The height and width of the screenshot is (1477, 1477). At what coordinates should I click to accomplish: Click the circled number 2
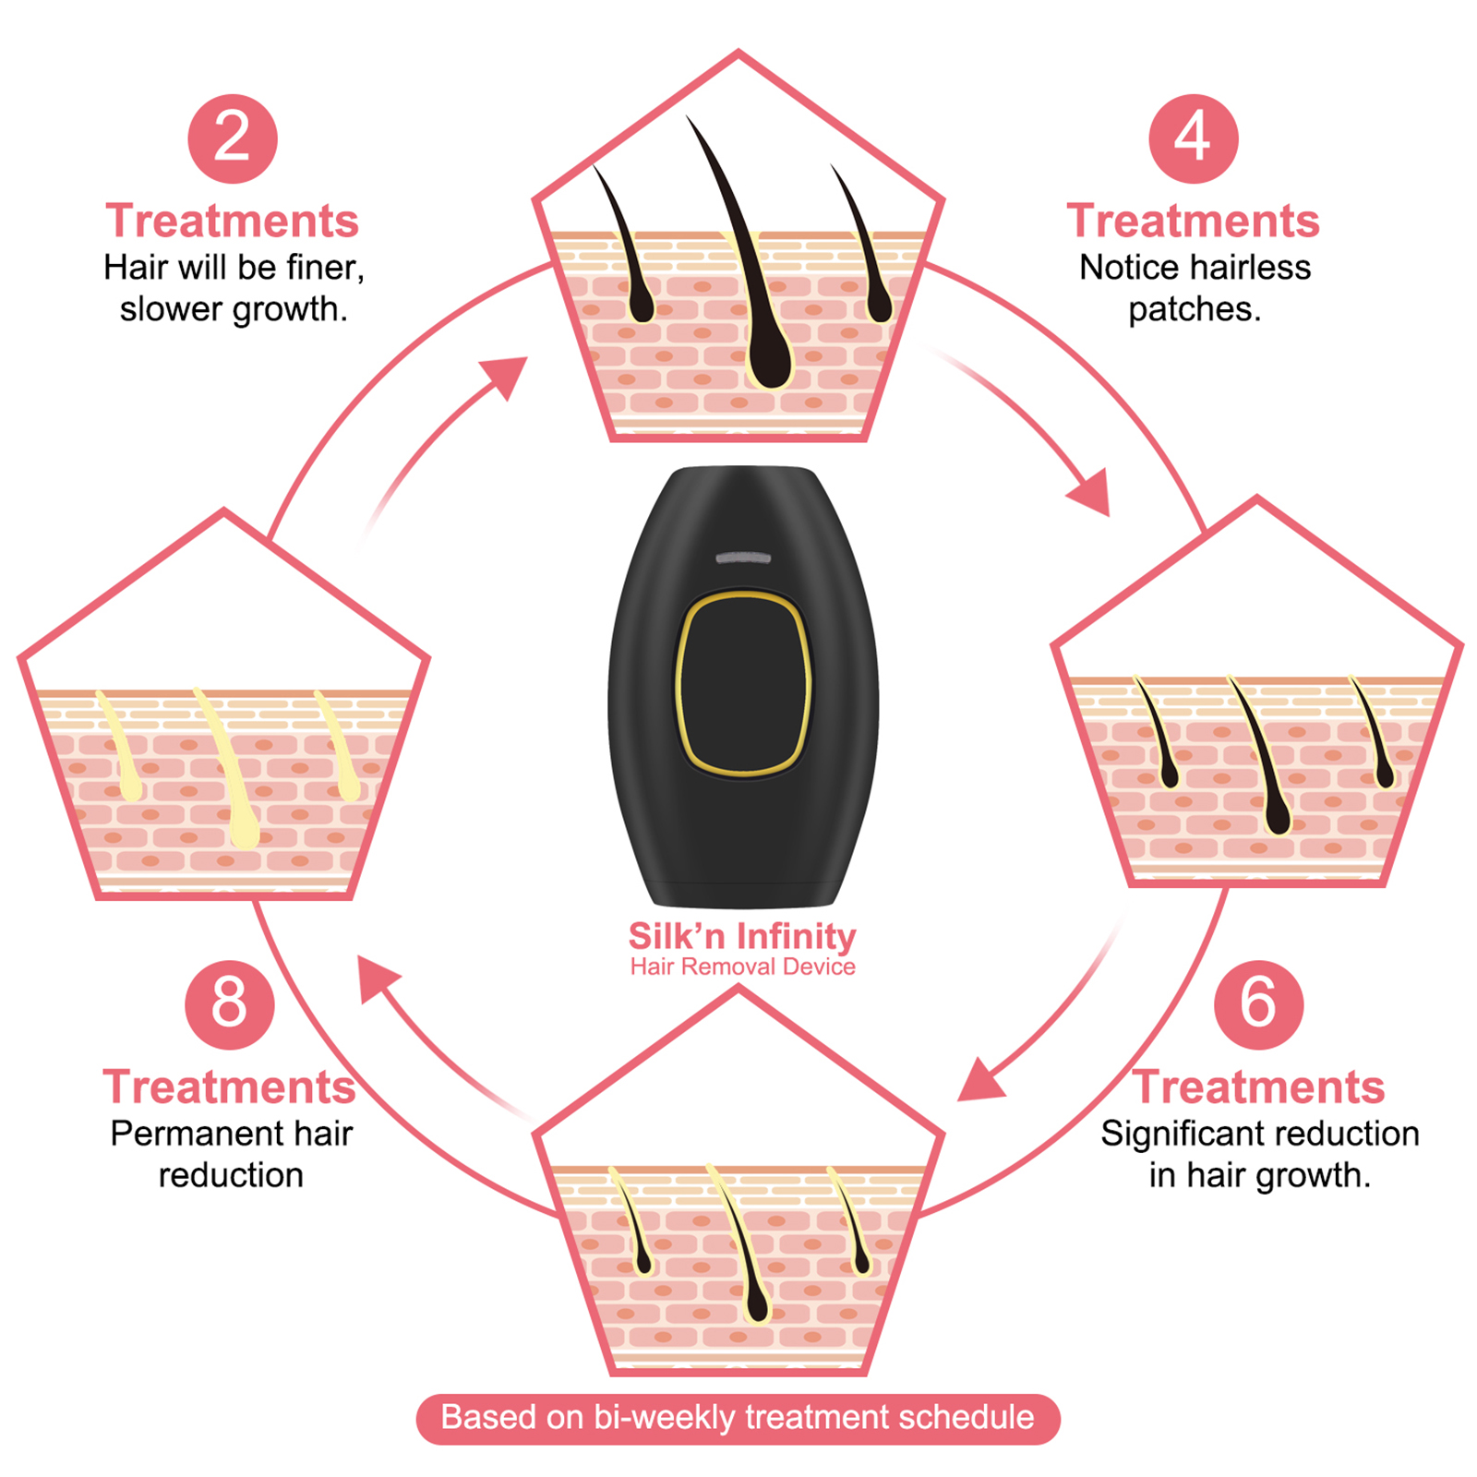(232, 138)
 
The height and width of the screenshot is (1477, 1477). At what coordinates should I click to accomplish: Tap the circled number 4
(1193, 138)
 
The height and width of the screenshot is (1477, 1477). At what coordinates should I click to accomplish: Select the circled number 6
(1258, 1004)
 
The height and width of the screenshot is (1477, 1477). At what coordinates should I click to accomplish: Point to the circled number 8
(230, 1004)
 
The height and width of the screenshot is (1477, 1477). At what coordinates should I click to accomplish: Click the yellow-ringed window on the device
(743, 683)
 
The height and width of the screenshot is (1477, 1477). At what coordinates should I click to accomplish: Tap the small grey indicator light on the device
(743, 558)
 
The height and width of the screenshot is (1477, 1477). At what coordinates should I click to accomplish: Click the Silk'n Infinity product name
(742, 936)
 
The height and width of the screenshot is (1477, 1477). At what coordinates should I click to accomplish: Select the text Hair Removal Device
(742, 967)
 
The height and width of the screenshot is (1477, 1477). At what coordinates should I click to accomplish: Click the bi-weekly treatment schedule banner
(738, 1418)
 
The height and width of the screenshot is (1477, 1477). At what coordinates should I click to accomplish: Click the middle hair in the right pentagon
(1260, 757)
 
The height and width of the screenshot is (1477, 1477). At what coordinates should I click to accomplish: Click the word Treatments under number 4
(1193, 222)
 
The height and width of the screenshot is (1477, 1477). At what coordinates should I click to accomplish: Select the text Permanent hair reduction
(231, 1154)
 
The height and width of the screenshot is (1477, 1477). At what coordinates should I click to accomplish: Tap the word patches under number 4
(1194, 309)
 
